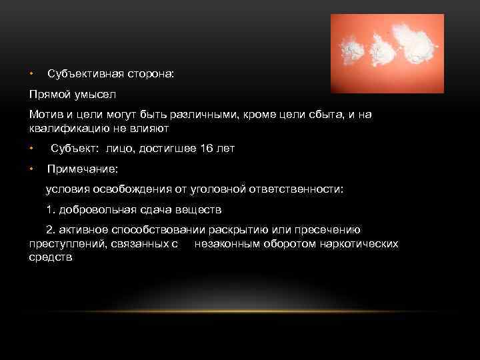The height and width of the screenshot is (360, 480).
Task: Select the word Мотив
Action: coord(45,115)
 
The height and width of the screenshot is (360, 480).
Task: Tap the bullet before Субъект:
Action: coord(31,148)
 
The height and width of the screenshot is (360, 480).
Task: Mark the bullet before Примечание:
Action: coord(31,169)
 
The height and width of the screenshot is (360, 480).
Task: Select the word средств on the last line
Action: coord(51,257)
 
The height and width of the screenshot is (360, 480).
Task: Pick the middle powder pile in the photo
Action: coord(381,48)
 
